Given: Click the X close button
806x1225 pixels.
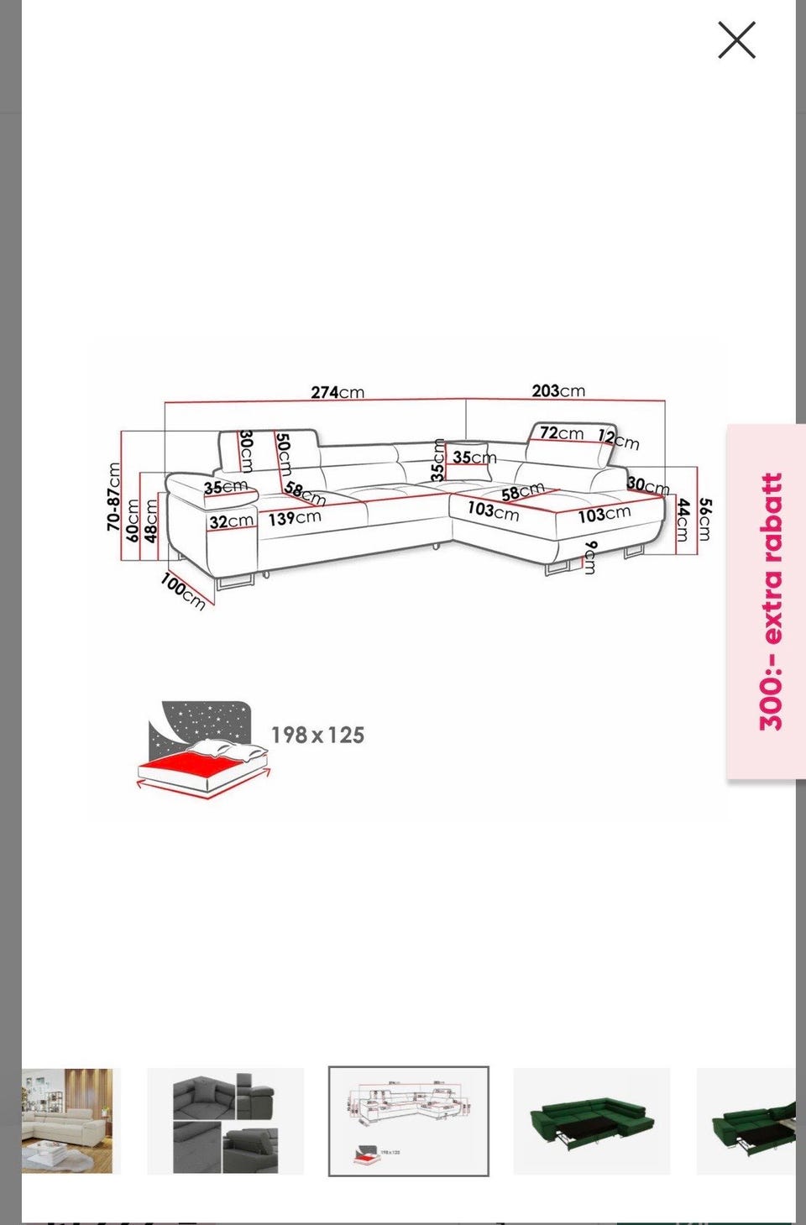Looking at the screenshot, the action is tap(736, 40).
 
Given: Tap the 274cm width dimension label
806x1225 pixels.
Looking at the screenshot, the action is tap(338, 392).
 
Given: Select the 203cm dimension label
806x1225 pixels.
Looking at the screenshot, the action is tap(558, 391).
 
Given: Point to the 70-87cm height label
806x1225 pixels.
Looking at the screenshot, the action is tap(113, 496).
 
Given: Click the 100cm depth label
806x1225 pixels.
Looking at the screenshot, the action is tap(183, 591).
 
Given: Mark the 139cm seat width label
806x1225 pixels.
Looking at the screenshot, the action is tap(294, 518).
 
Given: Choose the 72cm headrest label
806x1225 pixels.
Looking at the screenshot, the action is tap(562, 433).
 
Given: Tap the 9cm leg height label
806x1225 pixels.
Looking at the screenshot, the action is tap(589, 558).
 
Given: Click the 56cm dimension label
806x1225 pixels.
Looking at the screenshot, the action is tap(705, 519).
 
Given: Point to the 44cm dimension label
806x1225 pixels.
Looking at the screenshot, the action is tap(682, 520).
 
